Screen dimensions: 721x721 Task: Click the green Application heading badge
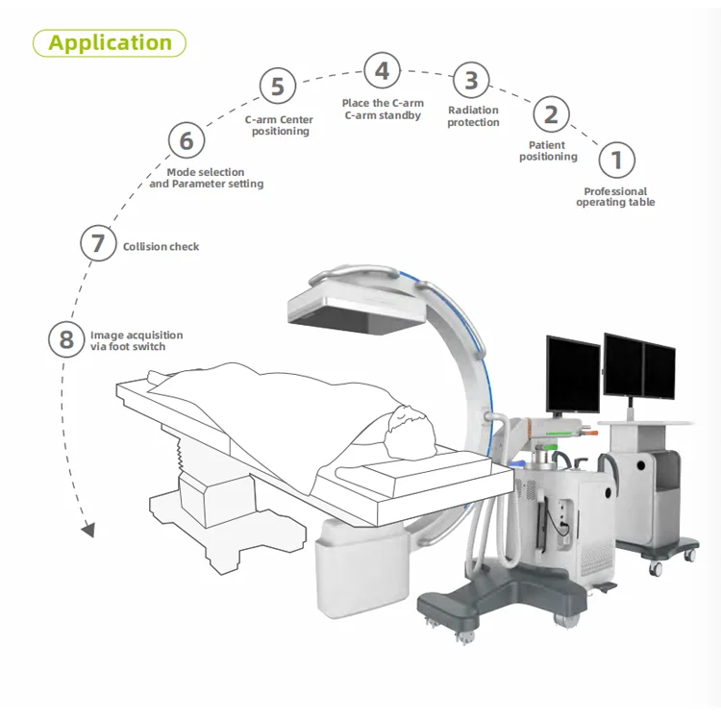pos(110,42)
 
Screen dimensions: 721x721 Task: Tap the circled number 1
pos(616,160)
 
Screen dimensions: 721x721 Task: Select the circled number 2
pos(550,114)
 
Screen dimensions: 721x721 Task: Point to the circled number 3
pos(471,80)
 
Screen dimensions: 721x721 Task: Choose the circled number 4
pos(382,71)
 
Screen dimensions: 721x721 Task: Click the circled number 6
pos(186,141)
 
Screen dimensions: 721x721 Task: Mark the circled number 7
pos(98,243)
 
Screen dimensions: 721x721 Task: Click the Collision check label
pos(162,247)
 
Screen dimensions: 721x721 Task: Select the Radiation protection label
pos(473,116)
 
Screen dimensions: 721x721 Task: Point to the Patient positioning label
pos(548,151)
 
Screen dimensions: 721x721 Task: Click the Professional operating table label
pos(615,197)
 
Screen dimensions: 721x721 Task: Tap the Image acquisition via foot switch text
pos(136,340)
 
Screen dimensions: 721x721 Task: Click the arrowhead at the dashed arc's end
pos(88,530)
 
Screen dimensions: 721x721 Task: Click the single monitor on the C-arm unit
pos(573,373)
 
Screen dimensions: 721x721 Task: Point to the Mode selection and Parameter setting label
pos(206,178)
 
